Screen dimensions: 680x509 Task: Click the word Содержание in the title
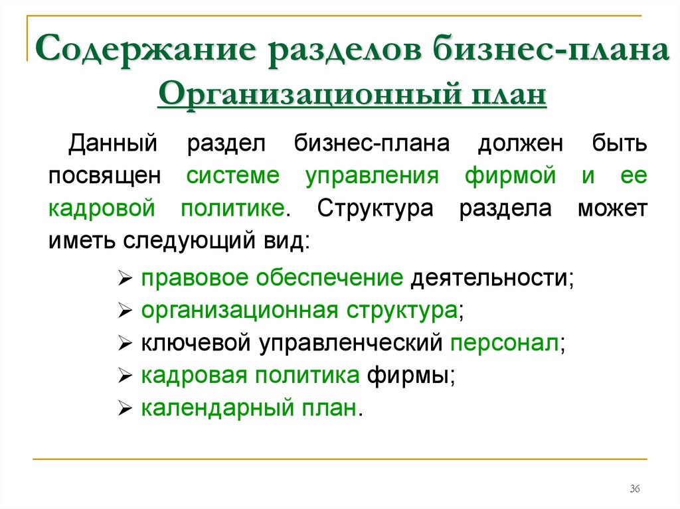pyautogui.click(x=145, y=48)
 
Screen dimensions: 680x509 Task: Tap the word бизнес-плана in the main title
pyautogui.click(x=551, y=48)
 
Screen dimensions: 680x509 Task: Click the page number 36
pyautogui.click(x=634, y=488)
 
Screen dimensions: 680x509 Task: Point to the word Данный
pyautogui.click(x=112, y=143)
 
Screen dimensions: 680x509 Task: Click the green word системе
pyautogui.click(x=233, y=176)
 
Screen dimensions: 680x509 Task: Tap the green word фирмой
pyautogui.click(x=511, y=176)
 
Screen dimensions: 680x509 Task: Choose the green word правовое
pyautogui.click(x=195, y=278)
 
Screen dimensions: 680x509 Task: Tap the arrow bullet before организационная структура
pyautogui.click(x=124, y=311)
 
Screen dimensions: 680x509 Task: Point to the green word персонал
pyautogui.click(x=505, y=343)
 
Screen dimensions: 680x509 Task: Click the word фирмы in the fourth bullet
pyautogui.click(x=408, y=376)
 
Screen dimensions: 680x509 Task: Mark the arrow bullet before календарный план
pyautogui.click(x=124, y=408)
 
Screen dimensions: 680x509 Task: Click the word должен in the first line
pyautogui.click(x=521, y=144)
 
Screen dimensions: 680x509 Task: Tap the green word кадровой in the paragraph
pyautogui.click(x=102, y=208)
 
